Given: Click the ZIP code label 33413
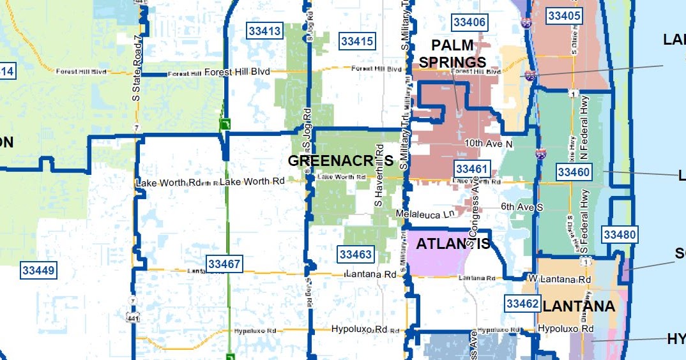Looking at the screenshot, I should click(x=264, y=31).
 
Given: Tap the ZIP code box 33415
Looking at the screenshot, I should click(x=357, y=41).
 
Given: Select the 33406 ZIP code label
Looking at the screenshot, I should click(x=469, y=22).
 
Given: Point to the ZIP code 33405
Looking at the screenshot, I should click(x=565, y=16).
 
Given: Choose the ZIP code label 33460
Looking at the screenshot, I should click(x=573, y=172).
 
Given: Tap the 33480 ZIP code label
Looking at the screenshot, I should click(x=620, y=235).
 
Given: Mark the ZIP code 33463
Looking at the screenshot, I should click(x=355, y=255).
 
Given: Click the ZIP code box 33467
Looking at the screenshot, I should click(x=224, y=264).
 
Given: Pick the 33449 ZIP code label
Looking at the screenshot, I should click(x=39, y=270).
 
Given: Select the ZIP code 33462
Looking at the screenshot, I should click(x=522, y=304).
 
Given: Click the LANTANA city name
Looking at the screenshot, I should click(x=579, y=306).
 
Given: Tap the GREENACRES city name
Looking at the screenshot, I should click(x=340, y=161).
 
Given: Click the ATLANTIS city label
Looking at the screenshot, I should click(x=453, y=244).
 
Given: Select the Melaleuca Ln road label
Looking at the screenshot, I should click(x=425, y=213).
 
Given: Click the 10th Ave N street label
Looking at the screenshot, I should click(x=489, y=144).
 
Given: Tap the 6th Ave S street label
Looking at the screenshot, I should click(x=521, y=207).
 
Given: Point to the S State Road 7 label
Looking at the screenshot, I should click(x=136, y=68).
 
